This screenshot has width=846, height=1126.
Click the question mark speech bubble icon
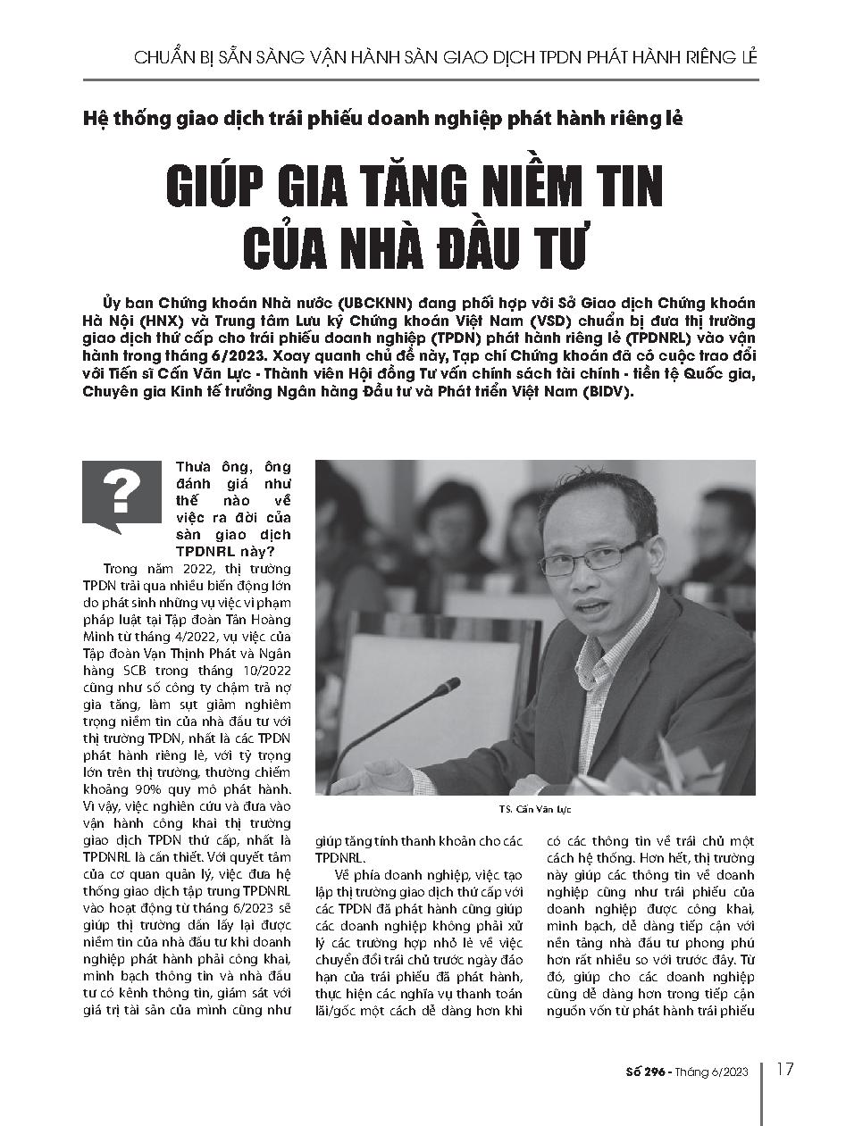point(114,496)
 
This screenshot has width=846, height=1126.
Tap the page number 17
point(786,1070)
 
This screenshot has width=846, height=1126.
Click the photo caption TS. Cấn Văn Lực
point(536,809)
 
